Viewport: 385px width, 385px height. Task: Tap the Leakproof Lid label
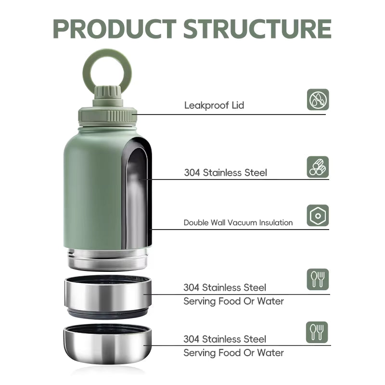point(214,105)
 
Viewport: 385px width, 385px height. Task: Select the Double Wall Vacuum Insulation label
point(238,222)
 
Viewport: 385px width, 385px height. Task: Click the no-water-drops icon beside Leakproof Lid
point(318,100)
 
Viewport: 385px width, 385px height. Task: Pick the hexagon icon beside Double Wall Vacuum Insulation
point(318,215)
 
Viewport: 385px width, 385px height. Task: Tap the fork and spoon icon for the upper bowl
point(318,279)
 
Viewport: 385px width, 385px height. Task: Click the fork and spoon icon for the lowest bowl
point(318,332)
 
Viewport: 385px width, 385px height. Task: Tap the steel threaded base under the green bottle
point(107,258)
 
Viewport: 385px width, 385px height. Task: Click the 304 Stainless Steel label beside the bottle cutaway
point(225,172)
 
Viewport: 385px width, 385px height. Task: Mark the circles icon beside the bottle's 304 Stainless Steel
point(318,167)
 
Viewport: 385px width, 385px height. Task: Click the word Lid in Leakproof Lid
point(237,105)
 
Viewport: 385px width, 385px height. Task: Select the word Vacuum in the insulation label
point(243,222)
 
